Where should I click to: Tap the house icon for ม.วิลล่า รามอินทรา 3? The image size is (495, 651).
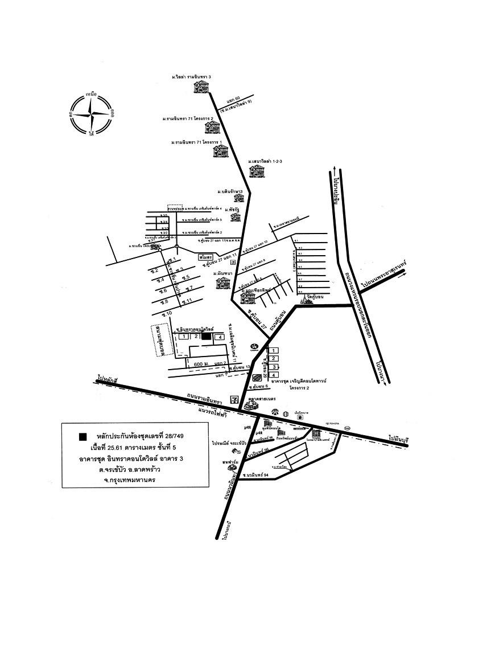[x=201, y=87]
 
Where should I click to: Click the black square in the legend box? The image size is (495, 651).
[x=83, y=436]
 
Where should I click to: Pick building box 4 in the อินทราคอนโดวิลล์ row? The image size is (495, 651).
[x=217, y=337]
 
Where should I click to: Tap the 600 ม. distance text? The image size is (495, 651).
[x=203, y=363]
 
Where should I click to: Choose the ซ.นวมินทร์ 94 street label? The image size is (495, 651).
[x=254, y=474]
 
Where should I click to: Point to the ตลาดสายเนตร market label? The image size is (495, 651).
[x=262, y=400]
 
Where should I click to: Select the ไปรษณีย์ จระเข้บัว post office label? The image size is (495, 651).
[x=229, y=442]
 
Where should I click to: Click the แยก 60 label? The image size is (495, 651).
[x=234, y=98]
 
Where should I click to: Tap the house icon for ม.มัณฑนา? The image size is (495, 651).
[x=221, y=283]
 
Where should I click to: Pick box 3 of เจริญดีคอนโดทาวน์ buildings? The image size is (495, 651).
[x=274, y=366]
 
